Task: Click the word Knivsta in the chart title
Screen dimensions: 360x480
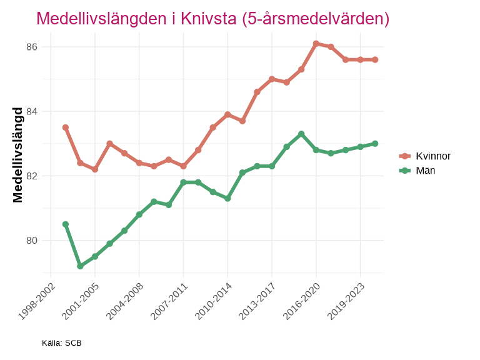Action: coord(204,19)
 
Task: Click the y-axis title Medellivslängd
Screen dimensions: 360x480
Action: coord(18,154)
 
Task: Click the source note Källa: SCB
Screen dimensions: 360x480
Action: coord(61,343)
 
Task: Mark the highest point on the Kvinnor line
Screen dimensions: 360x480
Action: coord(316,44)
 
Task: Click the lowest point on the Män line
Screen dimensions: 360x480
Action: coord(80,266)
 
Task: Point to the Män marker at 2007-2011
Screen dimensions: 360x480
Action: coord(183,182)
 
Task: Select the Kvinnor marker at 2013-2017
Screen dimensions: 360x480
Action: coord(272,79)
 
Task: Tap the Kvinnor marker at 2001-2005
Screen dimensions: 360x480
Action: coord(95,169)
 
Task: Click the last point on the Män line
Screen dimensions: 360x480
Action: coord(375,144)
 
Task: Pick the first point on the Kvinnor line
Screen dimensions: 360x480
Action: coord(66,127)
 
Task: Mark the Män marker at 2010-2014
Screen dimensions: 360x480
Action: coord(227,198)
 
